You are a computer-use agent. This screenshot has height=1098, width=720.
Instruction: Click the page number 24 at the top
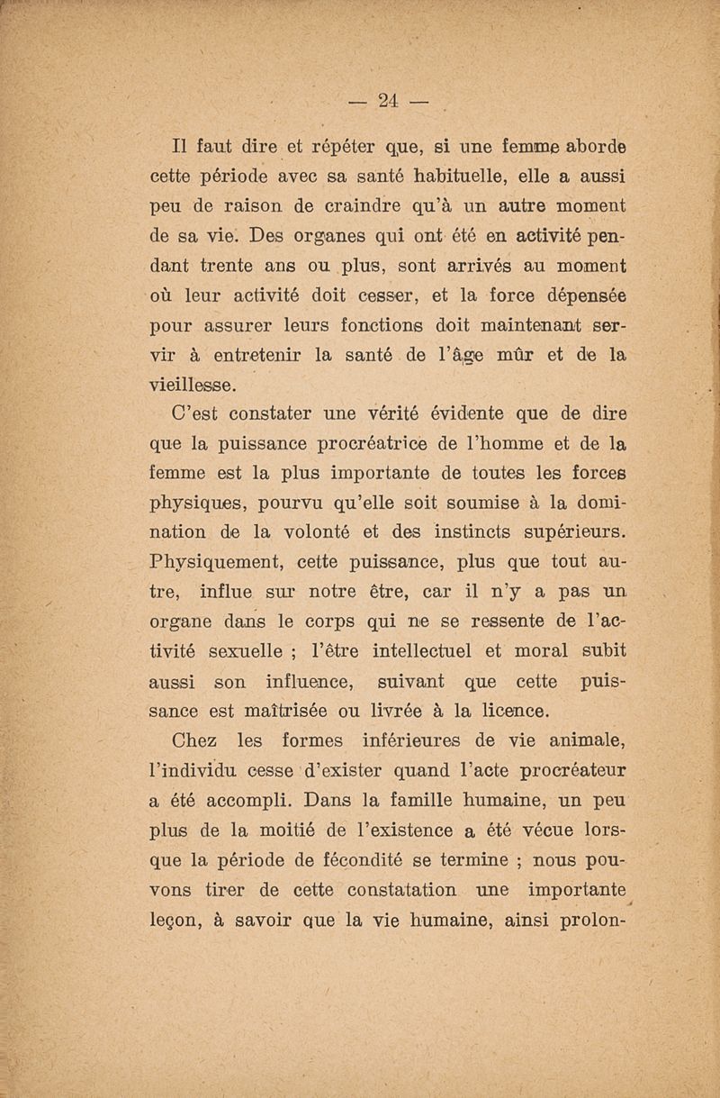pos(388,100)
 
